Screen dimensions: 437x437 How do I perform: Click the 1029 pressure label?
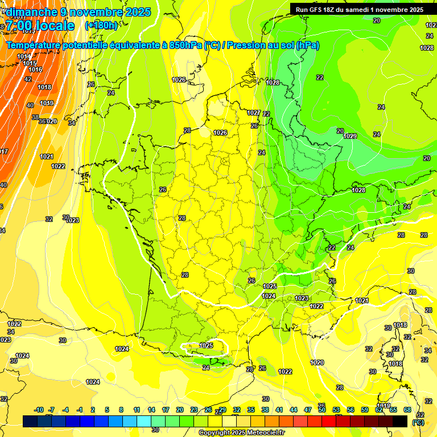(350, 136)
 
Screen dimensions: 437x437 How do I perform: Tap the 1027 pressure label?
(254, 113)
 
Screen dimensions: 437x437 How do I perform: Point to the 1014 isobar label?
(24, 56)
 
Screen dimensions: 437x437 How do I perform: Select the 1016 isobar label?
(35, 70)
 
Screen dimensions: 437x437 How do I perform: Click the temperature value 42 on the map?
(28, 79)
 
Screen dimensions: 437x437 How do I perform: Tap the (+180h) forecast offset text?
(101, 26)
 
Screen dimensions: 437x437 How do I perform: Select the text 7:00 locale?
(40, 26)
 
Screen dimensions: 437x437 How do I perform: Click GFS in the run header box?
(316, 10)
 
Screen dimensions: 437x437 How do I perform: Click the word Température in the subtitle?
(35, 46)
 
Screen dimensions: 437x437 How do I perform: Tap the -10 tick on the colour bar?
(39, 410)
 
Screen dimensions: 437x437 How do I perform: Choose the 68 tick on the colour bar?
(407, 410)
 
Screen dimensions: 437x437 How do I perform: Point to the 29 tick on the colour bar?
(222, 410)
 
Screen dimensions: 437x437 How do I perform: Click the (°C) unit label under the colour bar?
(418, 422)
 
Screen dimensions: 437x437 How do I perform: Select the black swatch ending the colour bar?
(401, 421)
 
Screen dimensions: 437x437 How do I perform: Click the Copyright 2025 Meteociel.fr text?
(241, 433)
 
